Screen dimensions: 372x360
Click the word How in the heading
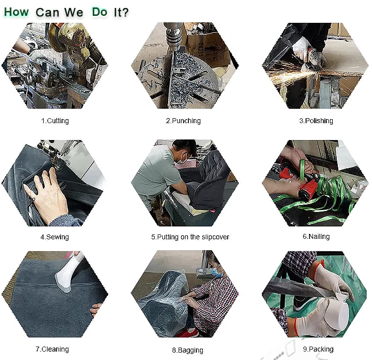(16, 12)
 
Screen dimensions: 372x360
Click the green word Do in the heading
(100, 12)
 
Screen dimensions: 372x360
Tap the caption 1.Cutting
(55, 121)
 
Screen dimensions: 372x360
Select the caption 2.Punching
(184, 121)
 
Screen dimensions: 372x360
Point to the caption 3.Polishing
(316, 121)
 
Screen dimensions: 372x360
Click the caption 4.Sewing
(55, 237)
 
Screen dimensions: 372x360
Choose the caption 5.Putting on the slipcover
(190, 237)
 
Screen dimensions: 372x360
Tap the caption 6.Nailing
(316, 236)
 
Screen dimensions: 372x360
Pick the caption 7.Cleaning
(53, 349)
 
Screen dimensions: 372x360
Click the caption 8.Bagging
(187, 351)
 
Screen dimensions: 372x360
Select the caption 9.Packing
(318, 349)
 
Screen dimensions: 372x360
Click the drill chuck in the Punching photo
(173, 38)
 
